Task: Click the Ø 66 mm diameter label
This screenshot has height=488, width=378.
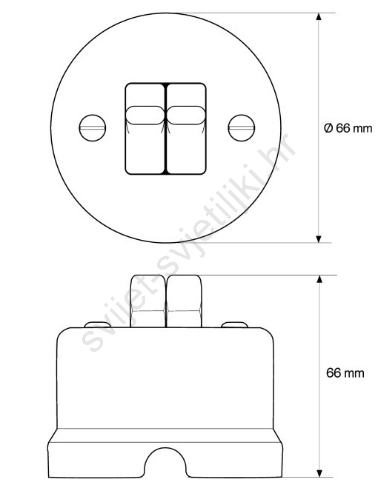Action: [348, 128]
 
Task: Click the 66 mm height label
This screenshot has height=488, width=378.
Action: [345, 372]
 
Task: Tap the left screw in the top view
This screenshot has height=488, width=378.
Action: [93, 128]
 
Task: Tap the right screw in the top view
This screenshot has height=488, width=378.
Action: [242, 128]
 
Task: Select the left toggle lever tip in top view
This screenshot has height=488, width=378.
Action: [145, 116]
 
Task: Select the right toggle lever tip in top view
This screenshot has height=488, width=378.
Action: [186, 116]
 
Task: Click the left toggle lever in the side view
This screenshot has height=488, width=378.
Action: [147, 301]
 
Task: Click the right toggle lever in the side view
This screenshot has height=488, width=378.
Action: [184, 301]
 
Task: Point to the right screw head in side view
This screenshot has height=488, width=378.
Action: [234, 324]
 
